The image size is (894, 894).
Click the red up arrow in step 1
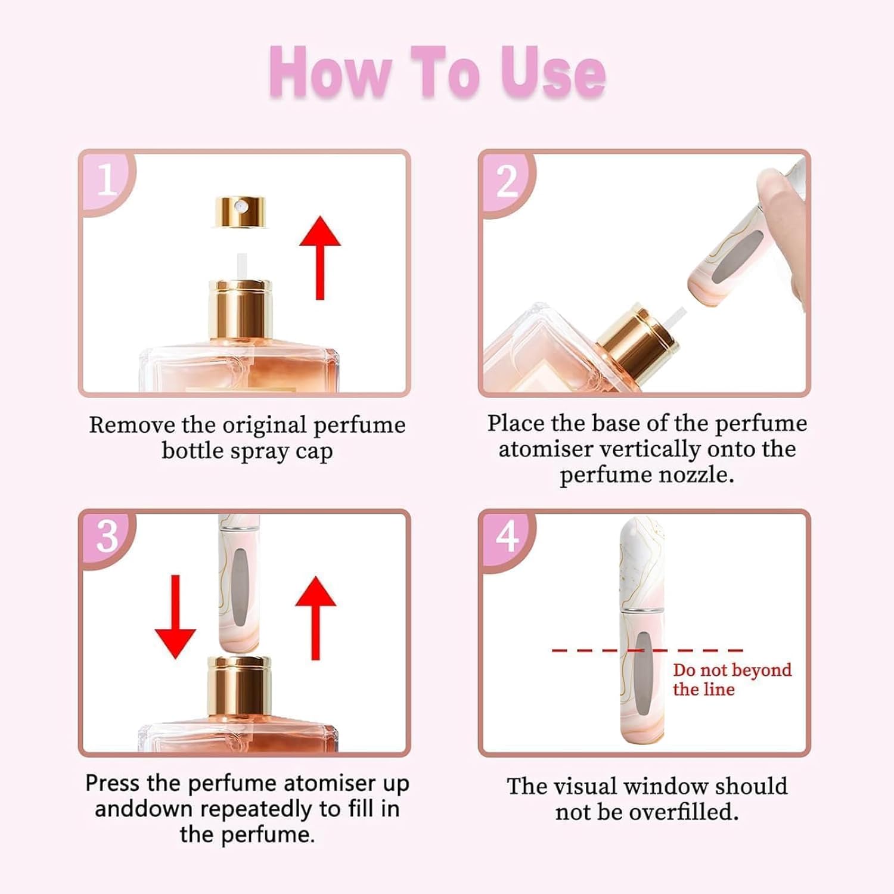pos(320,257)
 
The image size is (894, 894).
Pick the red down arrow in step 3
pos(175,617)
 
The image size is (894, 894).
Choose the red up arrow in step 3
pos(316,618)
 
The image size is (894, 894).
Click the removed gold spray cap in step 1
pos(240,212)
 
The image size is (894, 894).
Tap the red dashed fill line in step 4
pos(648,650)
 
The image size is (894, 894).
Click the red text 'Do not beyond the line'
pos(732,679)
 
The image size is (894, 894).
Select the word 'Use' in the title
pos(552,73)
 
